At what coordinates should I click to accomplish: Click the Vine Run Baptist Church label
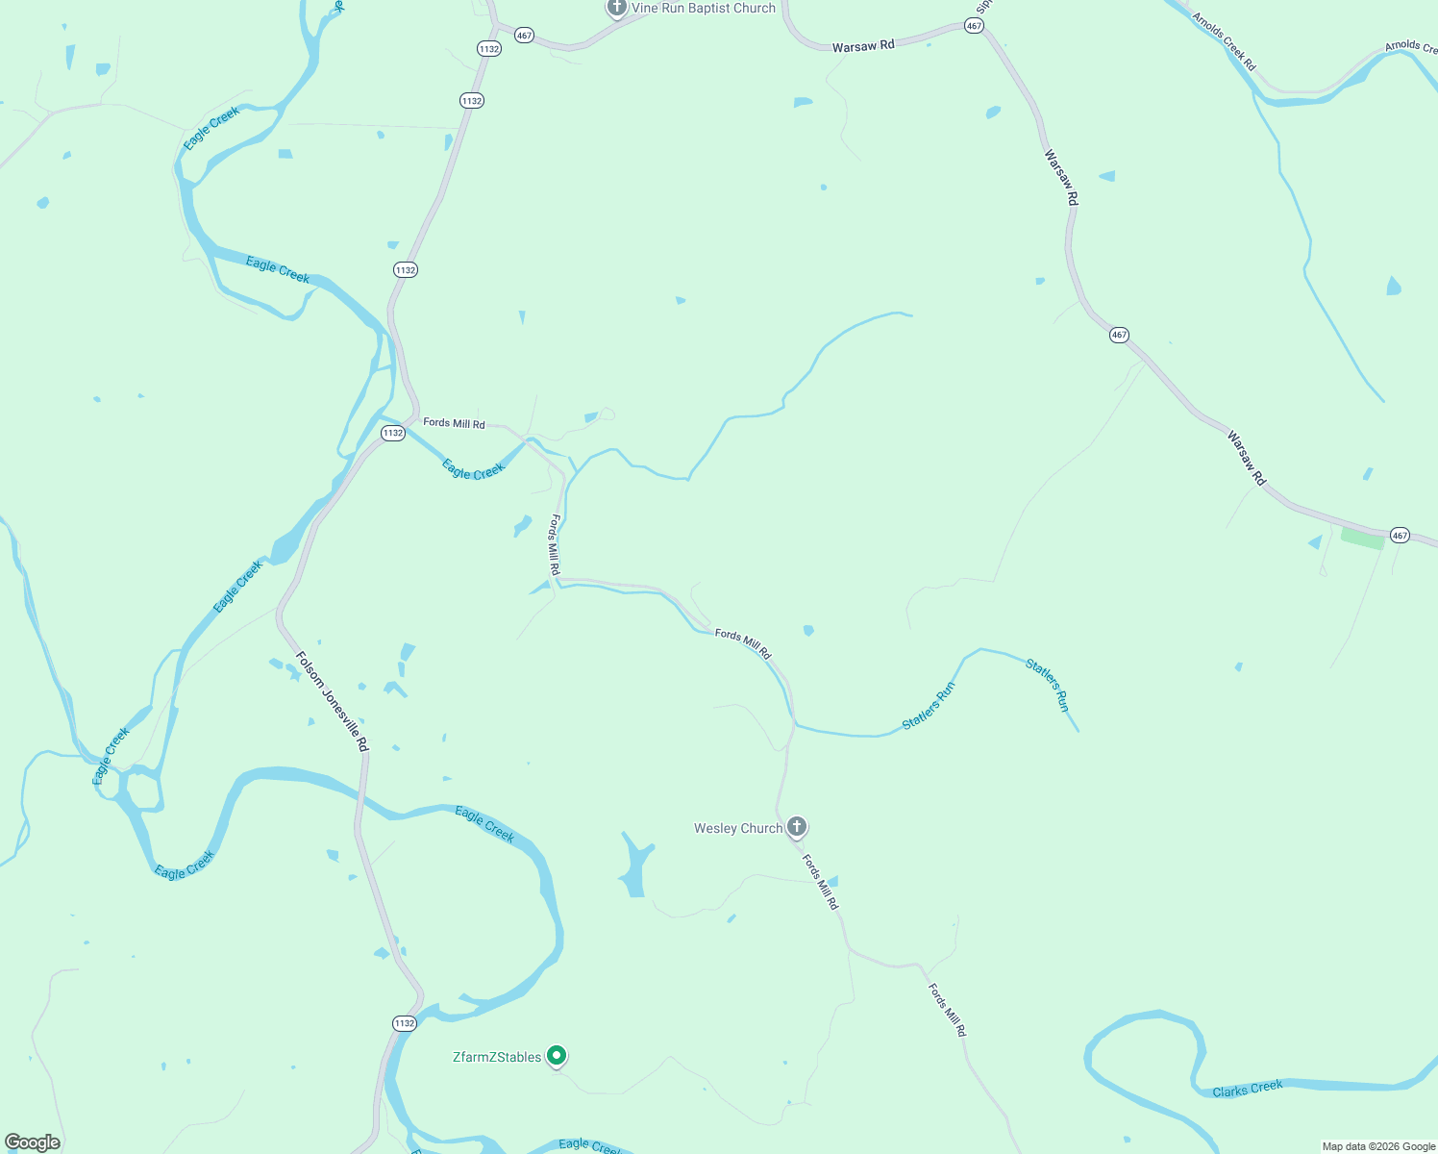click(703, 9)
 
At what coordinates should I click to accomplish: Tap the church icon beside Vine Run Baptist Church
click(616, 8)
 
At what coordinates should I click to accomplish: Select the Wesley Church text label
click(738, 828)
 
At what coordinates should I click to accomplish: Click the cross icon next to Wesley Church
click(796, 826)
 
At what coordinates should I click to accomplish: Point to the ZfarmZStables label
click(497, 1057)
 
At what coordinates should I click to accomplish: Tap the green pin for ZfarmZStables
click(556, 1056)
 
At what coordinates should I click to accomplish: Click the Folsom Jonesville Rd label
click(332, 702)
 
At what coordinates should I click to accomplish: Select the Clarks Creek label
click(1247, 1089)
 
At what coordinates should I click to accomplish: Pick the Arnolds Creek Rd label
click(1224, 41)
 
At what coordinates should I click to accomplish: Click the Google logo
click(33, 1142)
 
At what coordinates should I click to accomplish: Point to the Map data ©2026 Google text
click(1378, 1146)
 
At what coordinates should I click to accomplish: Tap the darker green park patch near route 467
click(1362, 539)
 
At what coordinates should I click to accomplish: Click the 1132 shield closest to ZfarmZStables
click(404, 1023)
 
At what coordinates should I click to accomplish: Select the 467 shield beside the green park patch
click(1400, 536)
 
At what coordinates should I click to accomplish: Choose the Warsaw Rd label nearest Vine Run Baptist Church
click(863, 46)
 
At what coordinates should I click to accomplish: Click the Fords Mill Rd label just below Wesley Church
click(820, 883)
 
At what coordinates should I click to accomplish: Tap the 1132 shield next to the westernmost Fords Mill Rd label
click(392, 434)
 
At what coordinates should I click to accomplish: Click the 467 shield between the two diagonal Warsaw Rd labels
click(1119, 335)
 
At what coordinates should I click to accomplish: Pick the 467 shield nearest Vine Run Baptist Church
click(524, 35)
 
